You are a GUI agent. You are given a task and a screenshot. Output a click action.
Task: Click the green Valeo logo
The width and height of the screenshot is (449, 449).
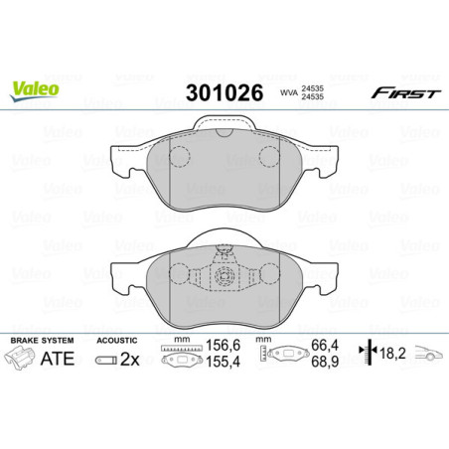pyautogui.click(x=36, y=89)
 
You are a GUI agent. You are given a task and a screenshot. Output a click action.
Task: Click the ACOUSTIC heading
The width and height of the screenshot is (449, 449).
pyautogui.click(x=117, y=341)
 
